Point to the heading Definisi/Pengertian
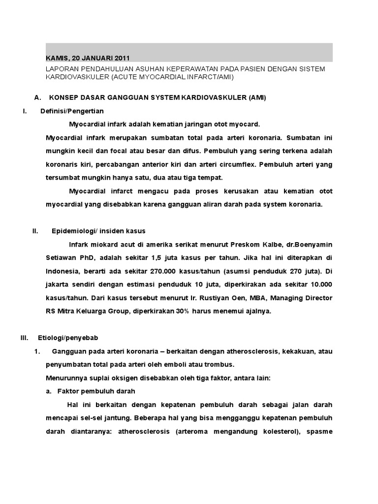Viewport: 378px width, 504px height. (72, 111)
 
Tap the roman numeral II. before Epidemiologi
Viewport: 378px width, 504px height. (36, 230)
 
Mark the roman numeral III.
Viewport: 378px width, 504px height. (25, 338)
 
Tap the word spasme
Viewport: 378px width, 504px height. (319, 432)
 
